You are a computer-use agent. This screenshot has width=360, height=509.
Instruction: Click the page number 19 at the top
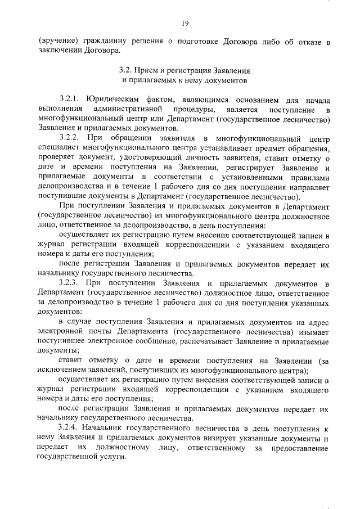(185, 23)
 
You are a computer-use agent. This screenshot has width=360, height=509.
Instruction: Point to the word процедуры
(192, 107)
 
